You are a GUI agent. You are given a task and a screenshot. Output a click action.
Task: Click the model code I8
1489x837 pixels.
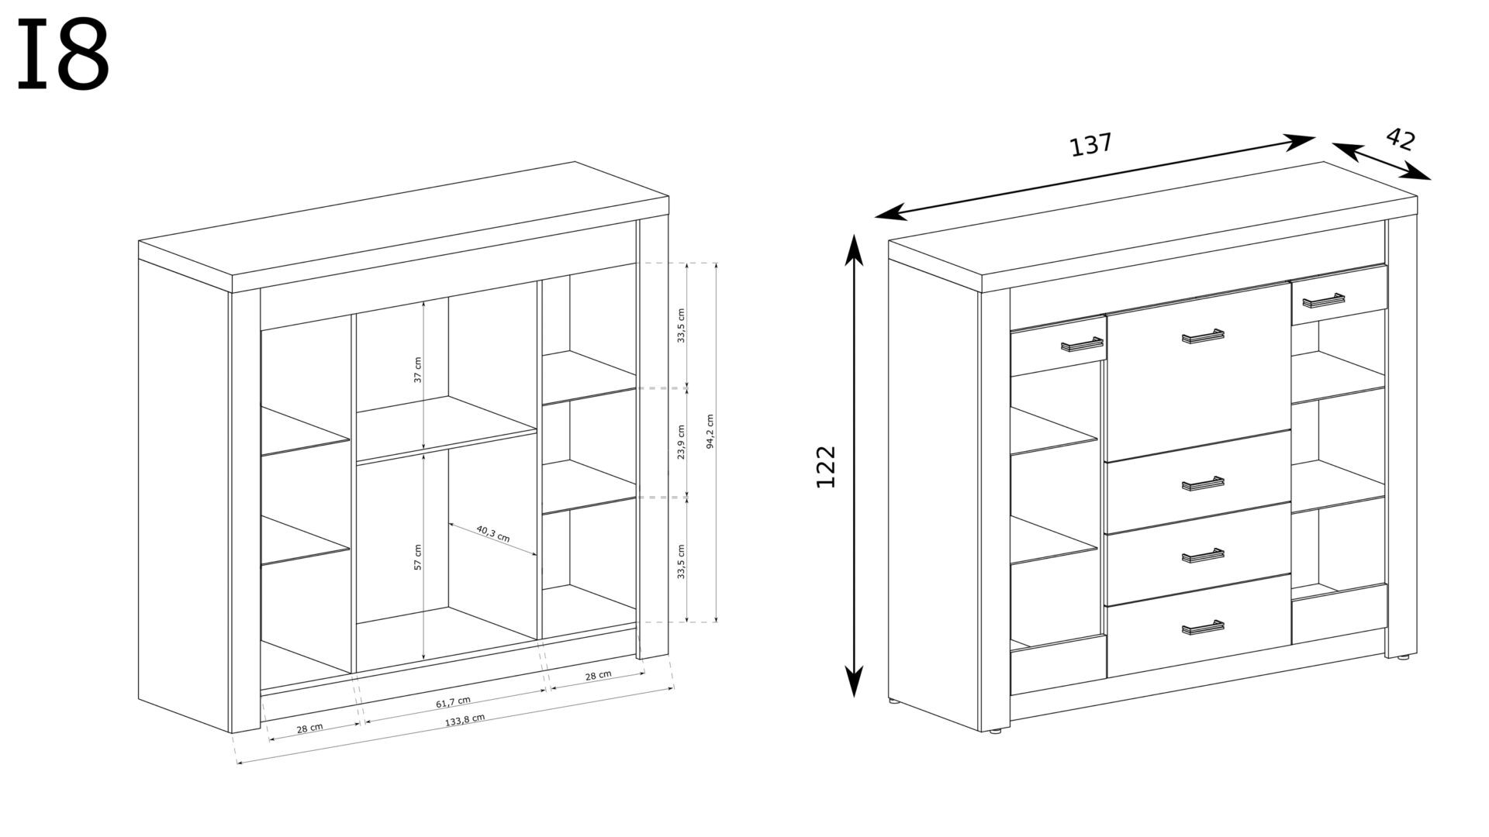63,55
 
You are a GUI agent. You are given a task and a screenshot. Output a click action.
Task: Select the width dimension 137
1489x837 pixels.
1090,144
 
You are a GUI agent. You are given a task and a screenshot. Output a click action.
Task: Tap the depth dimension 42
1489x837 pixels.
1400,139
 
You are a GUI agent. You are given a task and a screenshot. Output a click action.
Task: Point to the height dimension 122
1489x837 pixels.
826,466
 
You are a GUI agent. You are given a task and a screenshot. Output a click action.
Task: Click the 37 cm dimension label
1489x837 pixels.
417,370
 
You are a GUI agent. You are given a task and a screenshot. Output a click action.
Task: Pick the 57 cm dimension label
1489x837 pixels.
417,557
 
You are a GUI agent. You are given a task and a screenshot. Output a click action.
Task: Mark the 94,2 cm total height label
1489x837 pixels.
710,442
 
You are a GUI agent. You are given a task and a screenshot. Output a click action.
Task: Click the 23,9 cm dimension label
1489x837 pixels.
681,442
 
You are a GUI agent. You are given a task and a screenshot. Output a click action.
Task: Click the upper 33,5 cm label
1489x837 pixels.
681,325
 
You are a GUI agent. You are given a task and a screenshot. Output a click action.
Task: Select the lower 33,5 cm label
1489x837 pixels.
681,560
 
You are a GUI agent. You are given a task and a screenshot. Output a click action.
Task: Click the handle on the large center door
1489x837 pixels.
1203,336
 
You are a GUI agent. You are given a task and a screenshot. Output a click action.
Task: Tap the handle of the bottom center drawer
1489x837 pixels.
1203,628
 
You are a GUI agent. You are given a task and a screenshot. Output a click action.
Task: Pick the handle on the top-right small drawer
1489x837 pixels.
1324,300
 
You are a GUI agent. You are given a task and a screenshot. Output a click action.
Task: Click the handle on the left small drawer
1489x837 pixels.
1082,345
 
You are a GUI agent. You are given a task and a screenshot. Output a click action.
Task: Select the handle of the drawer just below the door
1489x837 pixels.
1203,484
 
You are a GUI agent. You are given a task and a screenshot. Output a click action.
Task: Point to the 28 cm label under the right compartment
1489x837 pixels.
598,676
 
